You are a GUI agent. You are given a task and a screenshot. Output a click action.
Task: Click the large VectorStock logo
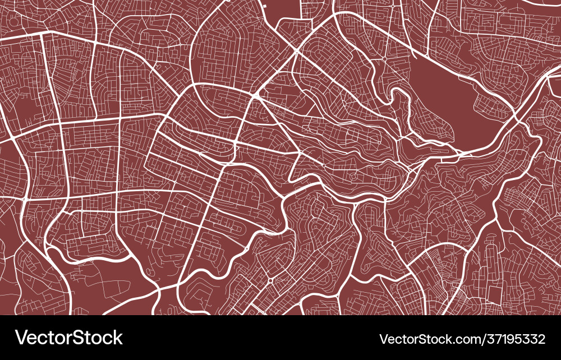point(69,338)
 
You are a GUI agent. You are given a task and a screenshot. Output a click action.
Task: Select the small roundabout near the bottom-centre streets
point(270,280)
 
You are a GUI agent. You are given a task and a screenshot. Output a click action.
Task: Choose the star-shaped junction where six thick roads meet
point(256,96)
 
